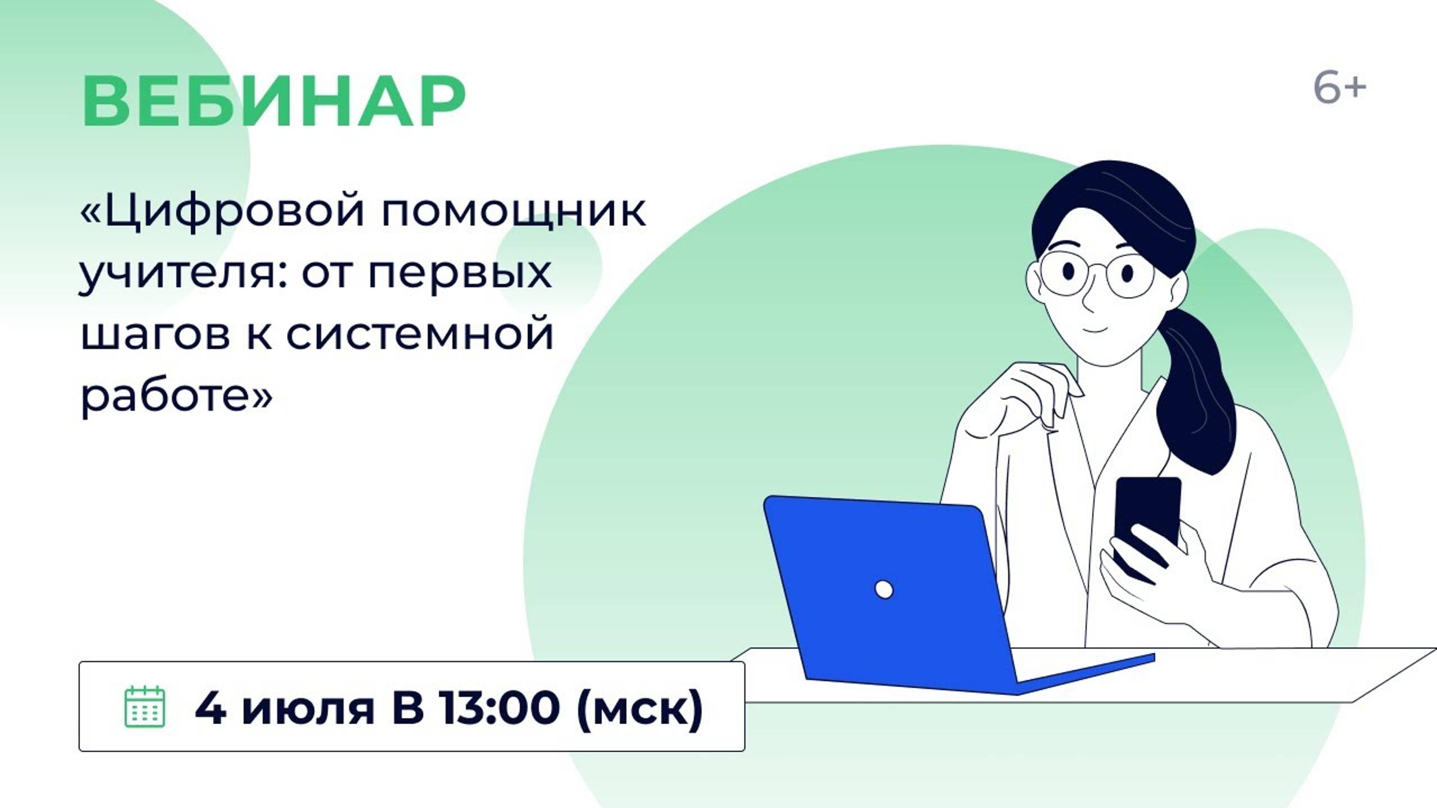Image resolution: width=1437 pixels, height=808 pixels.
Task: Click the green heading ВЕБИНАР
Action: [x=273, y=102]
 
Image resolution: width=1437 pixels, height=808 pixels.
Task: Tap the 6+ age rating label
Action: [x=1339, y=89]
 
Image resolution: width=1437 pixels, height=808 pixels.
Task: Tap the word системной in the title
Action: [x=420, y=334]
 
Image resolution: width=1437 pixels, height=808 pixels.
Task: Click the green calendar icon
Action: [x=144, y=706]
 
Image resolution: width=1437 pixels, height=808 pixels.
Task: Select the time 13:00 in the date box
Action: [x=498, y=707]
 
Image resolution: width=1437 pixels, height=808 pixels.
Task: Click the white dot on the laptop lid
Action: [x=884, y=590]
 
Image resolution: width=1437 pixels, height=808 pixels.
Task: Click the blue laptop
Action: [x=898, y=595]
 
